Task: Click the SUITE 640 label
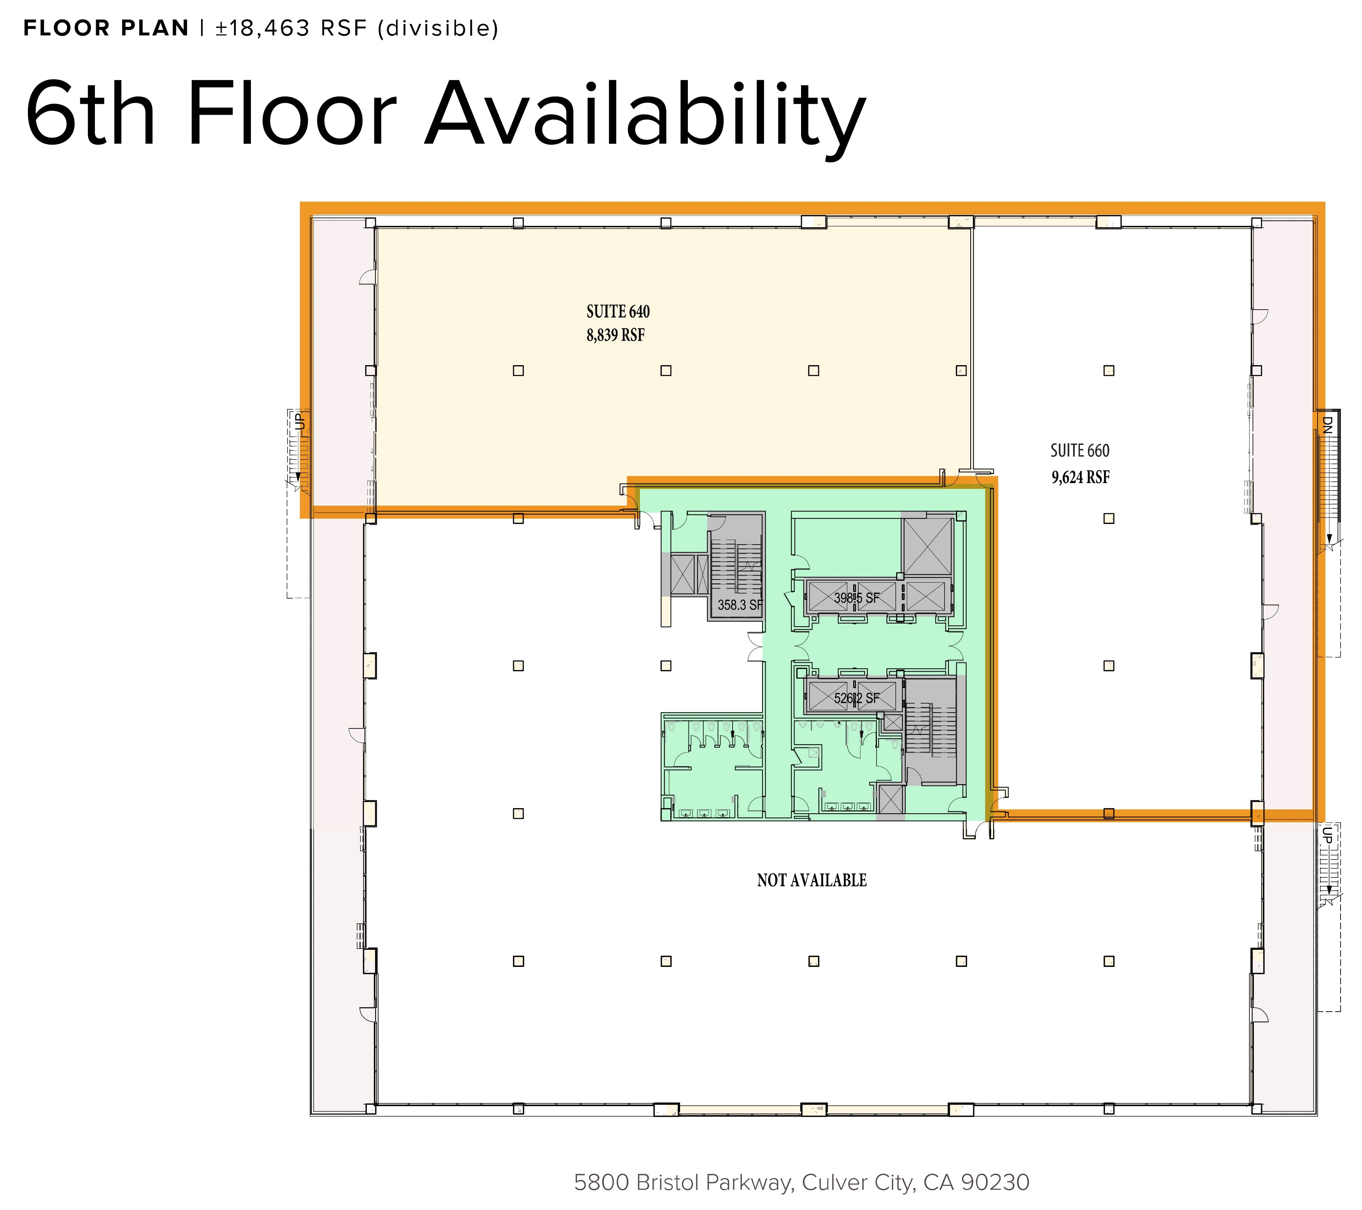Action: (x=618, y=312)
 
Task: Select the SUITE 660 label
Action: (x=1080, y=451)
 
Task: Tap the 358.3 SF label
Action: (x=740, y=605)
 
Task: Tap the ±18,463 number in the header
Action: (x=263, y=29)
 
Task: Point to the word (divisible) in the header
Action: (x=438, y=29)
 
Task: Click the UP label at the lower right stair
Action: (x=1327, y=835)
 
